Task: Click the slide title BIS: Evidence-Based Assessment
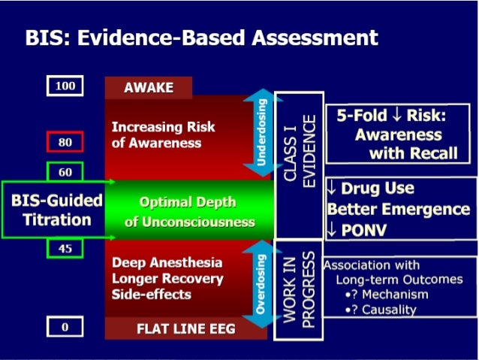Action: pos(201,37)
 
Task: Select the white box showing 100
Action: pos(66,86)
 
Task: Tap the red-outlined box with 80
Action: pos(65,141)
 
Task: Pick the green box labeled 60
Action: pos(65,172)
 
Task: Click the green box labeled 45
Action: pos(65,249)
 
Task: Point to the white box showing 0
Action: pos(65,327)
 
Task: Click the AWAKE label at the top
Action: pos(148,88)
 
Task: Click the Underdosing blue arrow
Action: pos(261,133)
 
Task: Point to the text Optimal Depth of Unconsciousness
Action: pos(188,212)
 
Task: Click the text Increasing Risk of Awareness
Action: pos(163,135)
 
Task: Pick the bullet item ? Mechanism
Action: pos(385,294)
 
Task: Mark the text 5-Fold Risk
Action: pos(390,117)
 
